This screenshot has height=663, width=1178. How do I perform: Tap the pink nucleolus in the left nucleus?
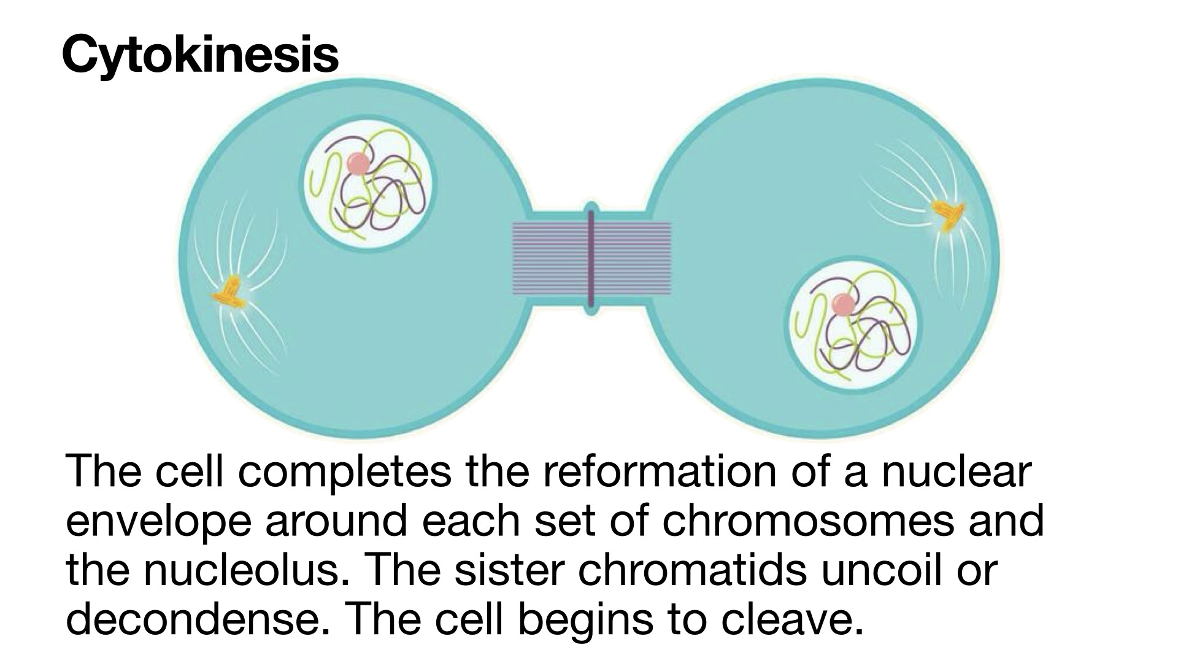click(357, 163)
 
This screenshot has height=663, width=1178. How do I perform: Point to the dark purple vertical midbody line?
click(591, 258)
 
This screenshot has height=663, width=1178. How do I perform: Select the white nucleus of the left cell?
click(368, 183)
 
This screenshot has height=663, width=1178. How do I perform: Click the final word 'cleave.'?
click(792, 620)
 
